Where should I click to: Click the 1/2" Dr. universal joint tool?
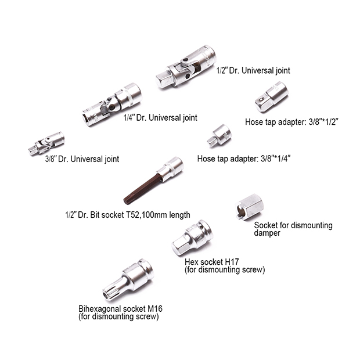186,67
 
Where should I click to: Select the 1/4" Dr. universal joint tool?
112,105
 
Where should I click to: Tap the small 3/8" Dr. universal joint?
46,144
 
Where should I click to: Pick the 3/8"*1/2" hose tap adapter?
272,96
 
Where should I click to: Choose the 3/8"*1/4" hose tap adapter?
219,136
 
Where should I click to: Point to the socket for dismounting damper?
249,207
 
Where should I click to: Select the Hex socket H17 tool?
192,238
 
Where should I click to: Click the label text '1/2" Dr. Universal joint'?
254,70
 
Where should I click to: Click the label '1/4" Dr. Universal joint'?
160,118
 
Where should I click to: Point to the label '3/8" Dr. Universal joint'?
82,159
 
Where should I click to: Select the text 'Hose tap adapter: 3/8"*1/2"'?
292,122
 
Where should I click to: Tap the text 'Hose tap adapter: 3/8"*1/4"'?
244,159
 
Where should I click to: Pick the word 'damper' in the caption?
267,233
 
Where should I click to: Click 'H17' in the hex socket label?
232,262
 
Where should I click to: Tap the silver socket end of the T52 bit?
170,169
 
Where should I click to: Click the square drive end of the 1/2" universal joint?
165,79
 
